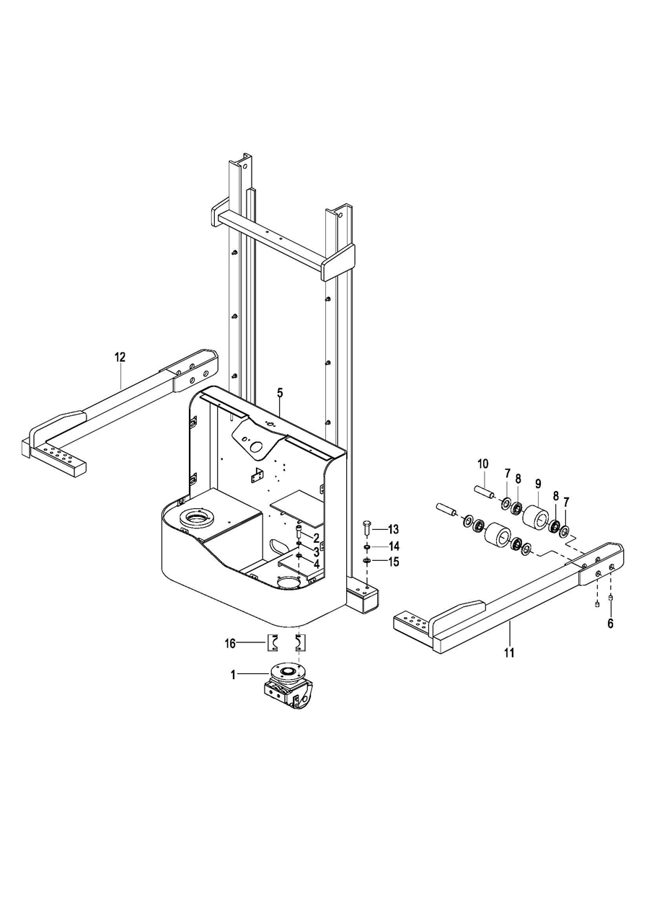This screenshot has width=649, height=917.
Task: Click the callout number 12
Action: (x=120, y=358)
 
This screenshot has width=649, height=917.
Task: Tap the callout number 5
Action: (x=280, y=393)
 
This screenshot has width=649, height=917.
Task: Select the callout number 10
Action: (x=483, y=464)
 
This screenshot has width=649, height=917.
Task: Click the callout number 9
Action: (x=538, y=484)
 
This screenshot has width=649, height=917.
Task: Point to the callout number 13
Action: (x=393, y=530)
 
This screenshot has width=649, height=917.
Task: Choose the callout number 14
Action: (x=394, y=546)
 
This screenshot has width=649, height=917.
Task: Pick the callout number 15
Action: (x=394, y=562)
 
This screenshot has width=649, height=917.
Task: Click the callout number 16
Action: (x=230, y=644)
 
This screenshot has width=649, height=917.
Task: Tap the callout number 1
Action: (x=234, y=675)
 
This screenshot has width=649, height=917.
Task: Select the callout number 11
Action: (x=509, y=652)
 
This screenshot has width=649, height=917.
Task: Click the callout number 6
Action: (x=611, y=624)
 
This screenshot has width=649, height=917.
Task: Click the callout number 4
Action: (x=316, y=564)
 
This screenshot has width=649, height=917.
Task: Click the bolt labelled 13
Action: (x=366, y=529)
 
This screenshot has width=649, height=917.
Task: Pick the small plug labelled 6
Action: (x=611, y=598)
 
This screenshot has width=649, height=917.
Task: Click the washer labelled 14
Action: (x=367, y=547)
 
